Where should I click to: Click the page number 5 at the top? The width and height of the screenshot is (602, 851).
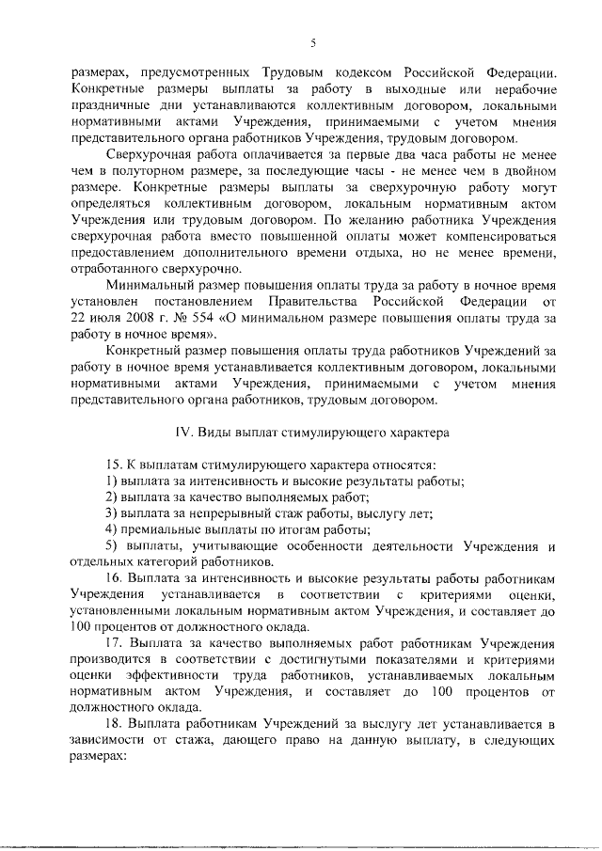313,41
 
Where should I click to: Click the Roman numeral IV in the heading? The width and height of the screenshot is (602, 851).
182,433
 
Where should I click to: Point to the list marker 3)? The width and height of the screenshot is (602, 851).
111,513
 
